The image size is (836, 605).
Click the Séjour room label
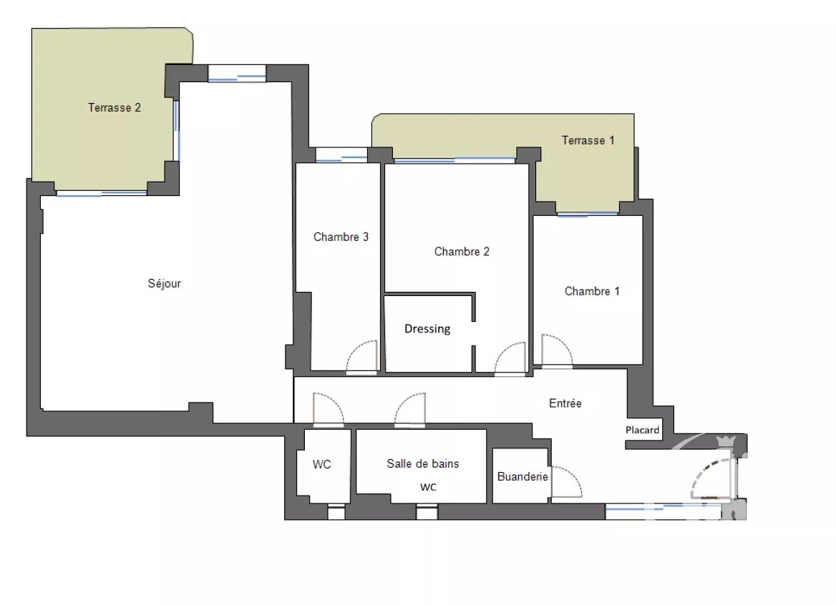pos(164,283)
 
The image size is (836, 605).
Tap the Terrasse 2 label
pos(114,107)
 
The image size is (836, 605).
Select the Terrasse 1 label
pos(588,141)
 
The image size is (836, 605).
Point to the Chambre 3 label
pos(341,237)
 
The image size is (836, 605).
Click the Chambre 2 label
pos(462,252)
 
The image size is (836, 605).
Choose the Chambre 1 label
pos(592,291)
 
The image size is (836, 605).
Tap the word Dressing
pos(427,329)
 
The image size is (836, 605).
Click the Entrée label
pos(565,403)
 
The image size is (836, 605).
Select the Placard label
pos(643,430)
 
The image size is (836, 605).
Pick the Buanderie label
pos(522,477)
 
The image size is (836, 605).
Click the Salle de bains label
pos(423,464)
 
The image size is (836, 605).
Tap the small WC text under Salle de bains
pos(428,487)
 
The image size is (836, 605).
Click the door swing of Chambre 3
pos(362,356)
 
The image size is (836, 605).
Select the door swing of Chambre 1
pos(557,350)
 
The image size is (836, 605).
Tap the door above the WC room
pos(328,410)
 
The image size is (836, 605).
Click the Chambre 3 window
pos(341,155)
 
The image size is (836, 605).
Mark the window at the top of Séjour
pos(237,74)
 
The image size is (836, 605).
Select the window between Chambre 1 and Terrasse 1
pos(588,214)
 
